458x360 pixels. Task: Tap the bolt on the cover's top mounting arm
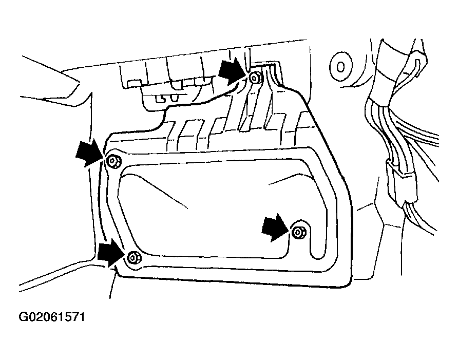255,78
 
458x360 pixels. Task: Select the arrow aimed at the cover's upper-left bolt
88,153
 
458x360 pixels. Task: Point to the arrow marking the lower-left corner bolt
110,253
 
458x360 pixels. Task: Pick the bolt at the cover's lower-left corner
133,257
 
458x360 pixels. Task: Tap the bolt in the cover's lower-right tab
298,232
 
